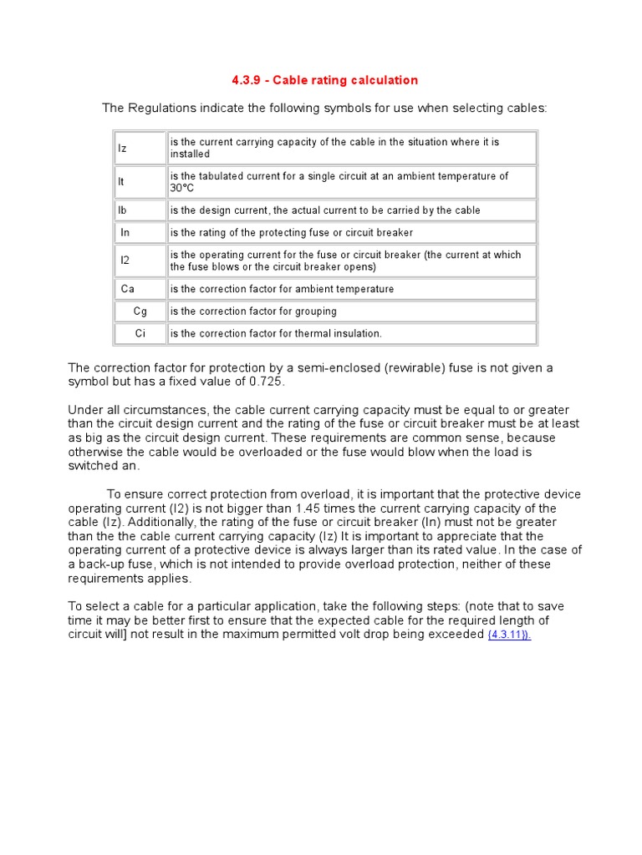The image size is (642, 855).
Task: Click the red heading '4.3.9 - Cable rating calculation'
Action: point(324,80)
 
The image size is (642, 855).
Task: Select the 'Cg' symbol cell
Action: point(140,311)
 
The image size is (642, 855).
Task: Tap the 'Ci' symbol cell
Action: point(140,333)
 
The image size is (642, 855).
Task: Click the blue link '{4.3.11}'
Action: point(509,635)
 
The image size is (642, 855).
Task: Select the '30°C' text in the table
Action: point(182,188)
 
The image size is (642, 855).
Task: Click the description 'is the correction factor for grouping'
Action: point(253,311)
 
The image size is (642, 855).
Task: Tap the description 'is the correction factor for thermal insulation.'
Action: point(276,333)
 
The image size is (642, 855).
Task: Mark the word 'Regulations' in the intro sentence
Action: point(163,108)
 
